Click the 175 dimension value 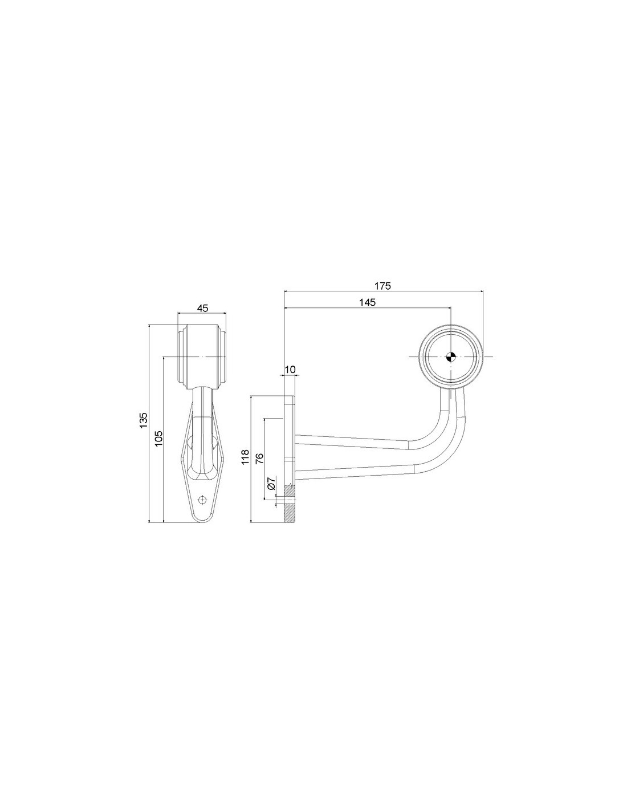(382, 286)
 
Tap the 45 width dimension (202, 309)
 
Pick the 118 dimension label (245, 457)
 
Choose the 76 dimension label (260, 459)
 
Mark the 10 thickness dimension (290, 370)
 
